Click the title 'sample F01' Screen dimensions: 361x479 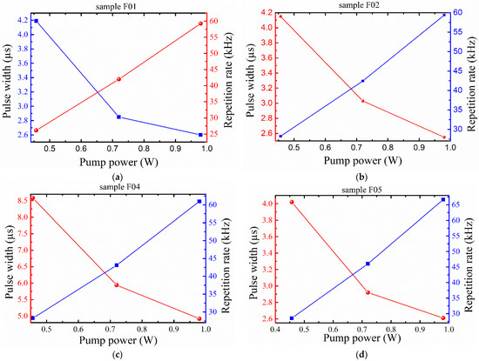[x=120, y=6]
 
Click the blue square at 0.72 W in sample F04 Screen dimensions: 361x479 [x=117, y=265]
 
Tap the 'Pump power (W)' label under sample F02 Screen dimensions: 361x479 [x=363, y=160]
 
